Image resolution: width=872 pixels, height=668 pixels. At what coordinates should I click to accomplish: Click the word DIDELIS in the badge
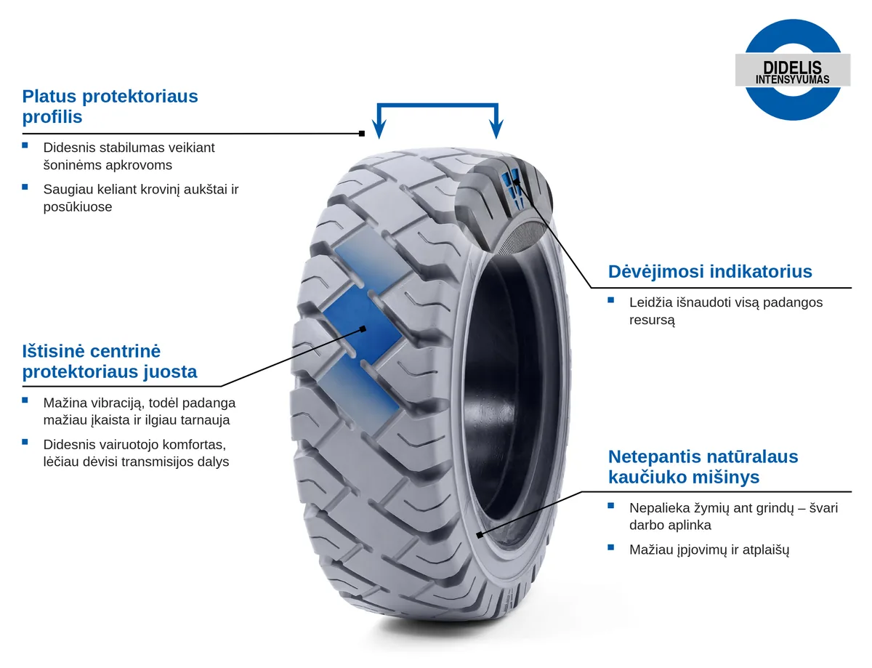tap(792, 67)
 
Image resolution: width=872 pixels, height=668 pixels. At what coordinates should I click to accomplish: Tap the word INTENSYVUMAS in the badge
tap(792, 79)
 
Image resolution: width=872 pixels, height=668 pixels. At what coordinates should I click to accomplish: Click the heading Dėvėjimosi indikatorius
tap(709, 272)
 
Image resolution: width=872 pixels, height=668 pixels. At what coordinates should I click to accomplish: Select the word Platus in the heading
tap(49, 96)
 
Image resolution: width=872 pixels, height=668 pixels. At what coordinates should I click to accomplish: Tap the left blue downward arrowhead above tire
tap(379, 129)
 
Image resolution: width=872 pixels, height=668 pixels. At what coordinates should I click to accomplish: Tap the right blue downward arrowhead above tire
tap(496, 129)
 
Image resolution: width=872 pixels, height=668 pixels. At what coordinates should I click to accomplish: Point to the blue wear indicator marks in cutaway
tap(512, 187)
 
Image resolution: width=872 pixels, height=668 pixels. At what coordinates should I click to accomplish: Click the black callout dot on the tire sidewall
tap(479, 534)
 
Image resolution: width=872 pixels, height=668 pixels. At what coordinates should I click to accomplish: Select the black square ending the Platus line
tap(362, 134)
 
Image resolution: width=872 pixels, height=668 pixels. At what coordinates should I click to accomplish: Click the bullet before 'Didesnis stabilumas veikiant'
tap(25, 145)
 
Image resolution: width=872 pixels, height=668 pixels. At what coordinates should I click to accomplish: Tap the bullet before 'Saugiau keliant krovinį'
tap(25, 187)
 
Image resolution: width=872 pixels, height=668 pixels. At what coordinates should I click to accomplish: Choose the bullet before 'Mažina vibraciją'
tap(25, 400)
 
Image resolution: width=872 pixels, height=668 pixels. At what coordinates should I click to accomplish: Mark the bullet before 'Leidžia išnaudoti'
tap(610, 300)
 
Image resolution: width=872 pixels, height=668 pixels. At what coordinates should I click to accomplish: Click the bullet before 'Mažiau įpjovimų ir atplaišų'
tap(610, 547)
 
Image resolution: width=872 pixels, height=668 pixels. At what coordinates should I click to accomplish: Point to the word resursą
tap(652, 321)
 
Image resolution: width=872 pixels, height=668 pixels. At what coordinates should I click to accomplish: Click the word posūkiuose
tap(78, 207)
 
